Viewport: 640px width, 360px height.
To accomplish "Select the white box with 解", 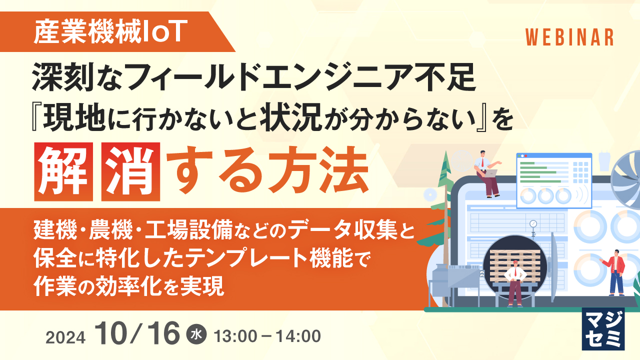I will [63, 171].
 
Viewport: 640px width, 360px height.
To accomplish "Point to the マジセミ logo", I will [603, 328].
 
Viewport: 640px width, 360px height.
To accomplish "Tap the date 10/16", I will [139, 333].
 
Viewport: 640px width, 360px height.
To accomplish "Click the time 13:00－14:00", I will [267, 336].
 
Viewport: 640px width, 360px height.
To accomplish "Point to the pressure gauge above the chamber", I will [533, 224].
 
